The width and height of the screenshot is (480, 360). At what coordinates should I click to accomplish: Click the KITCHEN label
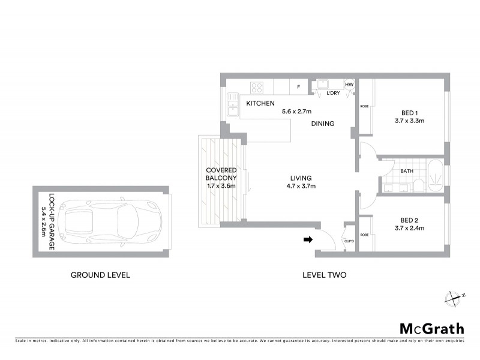click(260, 104)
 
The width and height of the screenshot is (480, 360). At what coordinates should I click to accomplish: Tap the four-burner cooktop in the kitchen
click(257, 88)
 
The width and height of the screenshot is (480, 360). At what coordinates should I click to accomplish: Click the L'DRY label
click(334, 93)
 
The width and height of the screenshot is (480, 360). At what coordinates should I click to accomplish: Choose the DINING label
click(322, 124)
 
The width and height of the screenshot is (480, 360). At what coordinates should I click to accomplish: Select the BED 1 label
click(409, 112)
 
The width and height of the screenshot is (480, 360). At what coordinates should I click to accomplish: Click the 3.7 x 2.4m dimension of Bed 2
click(409, 228)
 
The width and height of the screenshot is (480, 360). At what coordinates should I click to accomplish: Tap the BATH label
click(407, 171)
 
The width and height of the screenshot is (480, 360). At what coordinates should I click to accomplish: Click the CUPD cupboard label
click(349, 241)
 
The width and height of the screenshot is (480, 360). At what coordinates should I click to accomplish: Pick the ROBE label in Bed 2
click(364, 235)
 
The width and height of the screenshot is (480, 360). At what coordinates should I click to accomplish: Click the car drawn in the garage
click(100, 221)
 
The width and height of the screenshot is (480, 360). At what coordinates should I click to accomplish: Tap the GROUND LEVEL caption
click(100, 275)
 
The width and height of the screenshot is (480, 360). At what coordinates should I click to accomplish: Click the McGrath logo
click(432, 328)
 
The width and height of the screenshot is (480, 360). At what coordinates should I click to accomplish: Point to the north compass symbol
click(454, 296)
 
